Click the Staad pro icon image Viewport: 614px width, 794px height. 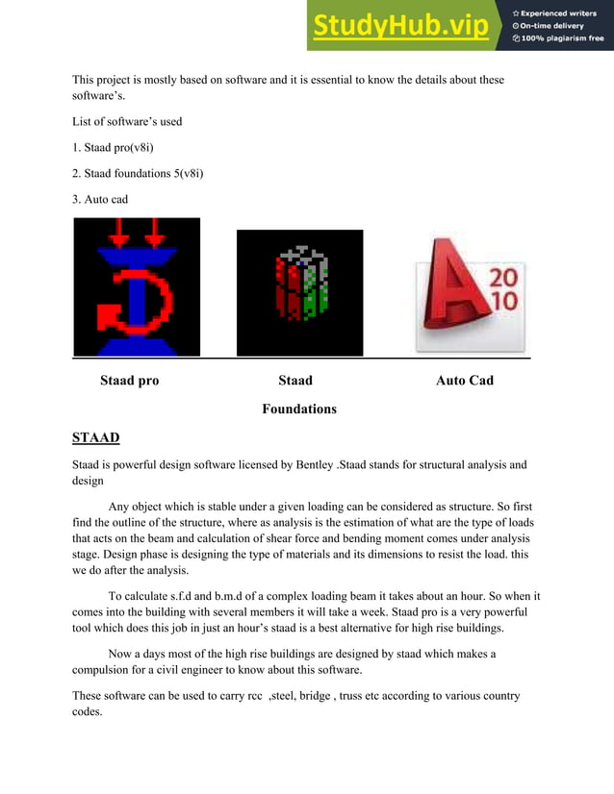pyautogui.click(x=137, y=286)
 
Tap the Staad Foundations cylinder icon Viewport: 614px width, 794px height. pyautogui.click(x=300, y=292)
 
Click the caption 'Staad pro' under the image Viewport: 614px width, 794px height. pyautogui.click(x=130, y=381)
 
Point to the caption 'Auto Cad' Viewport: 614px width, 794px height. pyautogui.click(x=465, y=381)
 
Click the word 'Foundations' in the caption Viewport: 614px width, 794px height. pyautogui.click(x=299, y=409)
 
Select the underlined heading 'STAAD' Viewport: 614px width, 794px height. pyautogui.click(x=96, y=439)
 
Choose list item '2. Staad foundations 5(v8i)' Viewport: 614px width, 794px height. pyautogui.click(x=138, y=173)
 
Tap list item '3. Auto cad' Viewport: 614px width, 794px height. pyautogui.click(x=100, y=199)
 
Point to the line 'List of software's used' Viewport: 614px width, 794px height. pyautogui.click(x=127, y=122)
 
